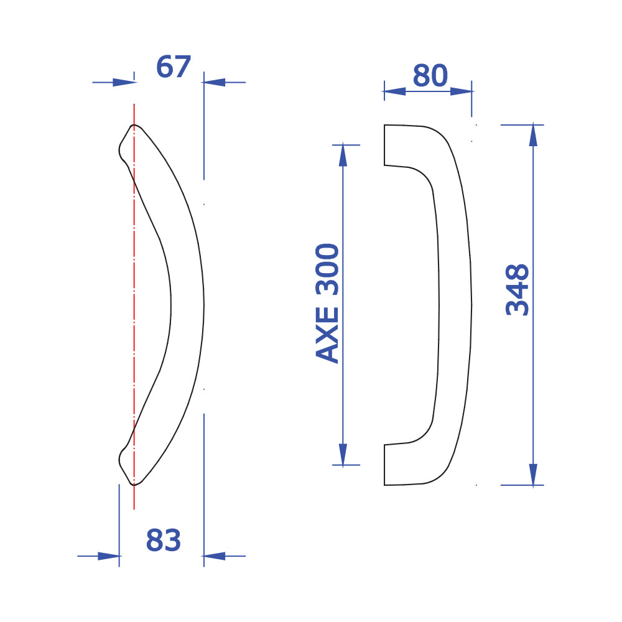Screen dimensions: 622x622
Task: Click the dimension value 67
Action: pyautogui.click(x=174, y=67)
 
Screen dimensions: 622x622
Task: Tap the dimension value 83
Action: pyautogui.click(x=164, y=540)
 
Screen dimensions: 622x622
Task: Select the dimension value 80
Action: pyautogui.click(x=430, y=75)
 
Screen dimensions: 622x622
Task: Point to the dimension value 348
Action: pyautogui.click(x=518, y=290)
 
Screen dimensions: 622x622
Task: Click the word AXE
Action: pyautogui.click(x=327, y=336)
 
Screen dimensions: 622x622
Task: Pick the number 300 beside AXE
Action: pyautogui.click(x=327, y=270)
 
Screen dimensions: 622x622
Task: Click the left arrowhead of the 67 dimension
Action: pyautogui.click(x=124, y=83)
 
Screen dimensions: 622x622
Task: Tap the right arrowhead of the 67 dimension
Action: pyautogui.click(x=214, y=83)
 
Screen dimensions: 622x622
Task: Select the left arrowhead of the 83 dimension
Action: pyautogui.click(x=109, y=556)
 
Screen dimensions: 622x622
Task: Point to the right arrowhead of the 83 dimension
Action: pyautogui.click(x=214, y=556)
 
